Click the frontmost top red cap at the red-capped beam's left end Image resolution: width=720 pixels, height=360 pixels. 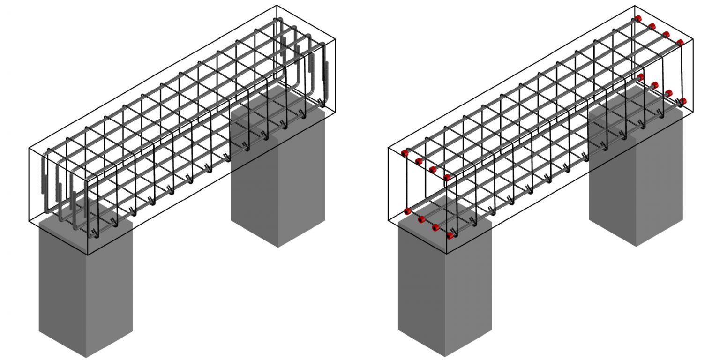(x=447, y=177)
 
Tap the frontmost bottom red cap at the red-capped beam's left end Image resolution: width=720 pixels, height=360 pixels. (x=450, y=235)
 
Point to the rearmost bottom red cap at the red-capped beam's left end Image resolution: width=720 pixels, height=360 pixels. (x=407, y=211)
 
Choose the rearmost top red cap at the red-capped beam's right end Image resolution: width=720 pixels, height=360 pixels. (x=638, y=19)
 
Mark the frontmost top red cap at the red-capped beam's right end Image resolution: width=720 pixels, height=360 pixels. (x=680, y=43)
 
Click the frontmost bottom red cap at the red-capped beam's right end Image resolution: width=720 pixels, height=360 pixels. (x=683, y=101)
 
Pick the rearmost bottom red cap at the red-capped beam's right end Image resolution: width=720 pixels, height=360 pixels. (x=641, y=77)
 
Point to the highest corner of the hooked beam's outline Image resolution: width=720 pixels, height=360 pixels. (x=277, y=6)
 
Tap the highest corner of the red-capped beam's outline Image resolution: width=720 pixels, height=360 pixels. (x=635, y=6)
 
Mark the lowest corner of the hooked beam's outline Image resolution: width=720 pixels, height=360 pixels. (x=88, y=255)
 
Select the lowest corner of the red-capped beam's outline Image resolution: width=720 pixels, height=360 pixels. (x=446, y=254)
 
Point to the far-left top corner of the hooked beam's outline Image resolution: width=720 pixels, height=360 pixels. (x=29, y=148)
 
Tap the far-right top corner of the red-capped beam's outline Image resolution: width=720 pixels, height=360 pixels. (x=693, y=39)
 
